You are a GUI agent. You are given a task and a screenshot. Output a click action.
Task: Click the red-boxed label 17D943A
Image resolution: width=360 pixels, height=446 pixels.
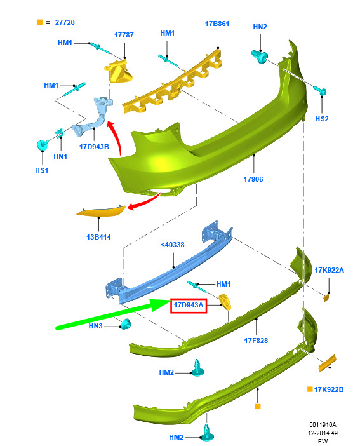point(189,306)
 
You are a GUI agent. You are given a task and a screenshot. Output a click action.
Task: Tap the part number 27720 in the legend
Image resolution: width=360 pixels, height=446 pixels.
point(65,22)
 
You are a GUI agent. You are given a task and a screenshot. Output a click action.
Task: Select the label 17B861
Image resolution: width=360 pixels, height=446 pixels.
point(217,24)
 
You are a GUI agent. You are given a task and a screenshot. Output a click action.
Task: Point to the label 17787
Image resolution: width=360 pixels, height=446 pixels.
point(124,35)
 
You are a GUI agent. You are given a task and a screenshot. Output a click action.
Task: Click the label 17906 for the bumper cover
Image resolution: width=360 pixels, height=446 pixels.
point(253,179)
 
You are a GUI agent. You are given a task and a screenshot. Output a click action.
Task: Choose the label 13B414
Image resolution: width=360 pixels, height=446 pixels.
point(98,237)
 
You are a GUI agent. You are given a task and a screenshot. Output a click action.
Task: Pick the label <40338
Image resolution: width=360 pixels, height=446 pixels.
point(172,245)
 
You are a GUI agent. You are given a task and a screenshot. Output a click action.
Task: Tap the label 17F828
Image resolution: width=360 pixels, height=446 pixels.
point(256,341)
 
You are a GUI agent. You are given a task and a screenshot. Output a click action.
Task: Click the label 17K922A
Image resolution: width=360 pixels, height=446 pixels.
point(329,270)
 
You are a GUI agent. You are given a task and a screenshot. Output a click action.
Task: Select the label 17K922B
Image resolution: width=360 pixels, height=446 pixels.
point(329,389)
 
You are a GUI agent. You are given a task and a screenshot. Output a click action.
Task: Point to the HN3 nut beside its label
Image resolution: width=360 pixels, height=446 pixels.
point(126,324)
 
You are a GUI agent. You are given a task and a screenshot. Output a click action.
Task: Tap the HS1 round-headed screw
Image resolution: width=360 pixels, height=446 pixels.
point(43,145)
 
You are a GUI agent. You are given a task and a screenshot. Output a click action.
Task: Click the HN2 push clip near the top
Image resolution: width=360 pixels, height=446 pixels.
point(259,57)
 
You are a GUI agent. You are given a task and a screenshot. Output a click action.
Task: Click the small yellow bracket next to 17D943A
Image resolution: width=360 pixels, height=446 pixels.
point(225,302)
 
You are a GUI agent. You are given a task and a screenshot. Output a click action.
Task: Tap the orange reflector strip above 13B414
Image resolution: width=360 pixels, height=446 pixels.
point(101,211)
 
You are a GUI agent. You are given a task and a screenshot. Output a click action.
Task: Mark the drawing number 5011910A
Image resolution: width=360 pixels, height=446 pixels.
point(323,424)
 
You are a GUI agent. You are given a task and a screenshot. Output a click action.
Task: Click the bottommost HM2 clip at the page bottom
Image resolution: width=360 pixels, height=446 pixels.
point(207,433)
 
